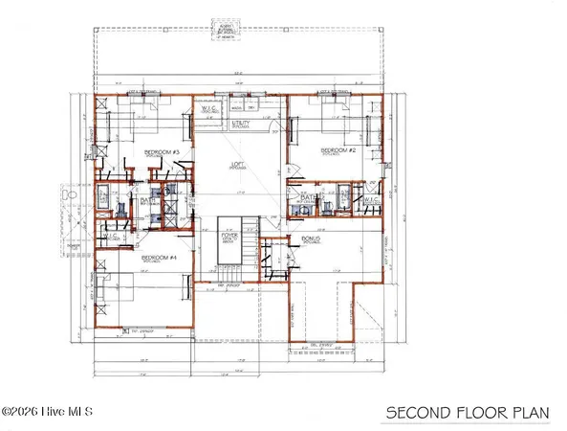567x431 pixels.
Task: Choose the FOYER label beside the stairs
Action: click(230, 233)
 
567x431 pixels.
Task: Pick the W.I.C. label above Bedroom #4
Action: click(111, 235)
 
